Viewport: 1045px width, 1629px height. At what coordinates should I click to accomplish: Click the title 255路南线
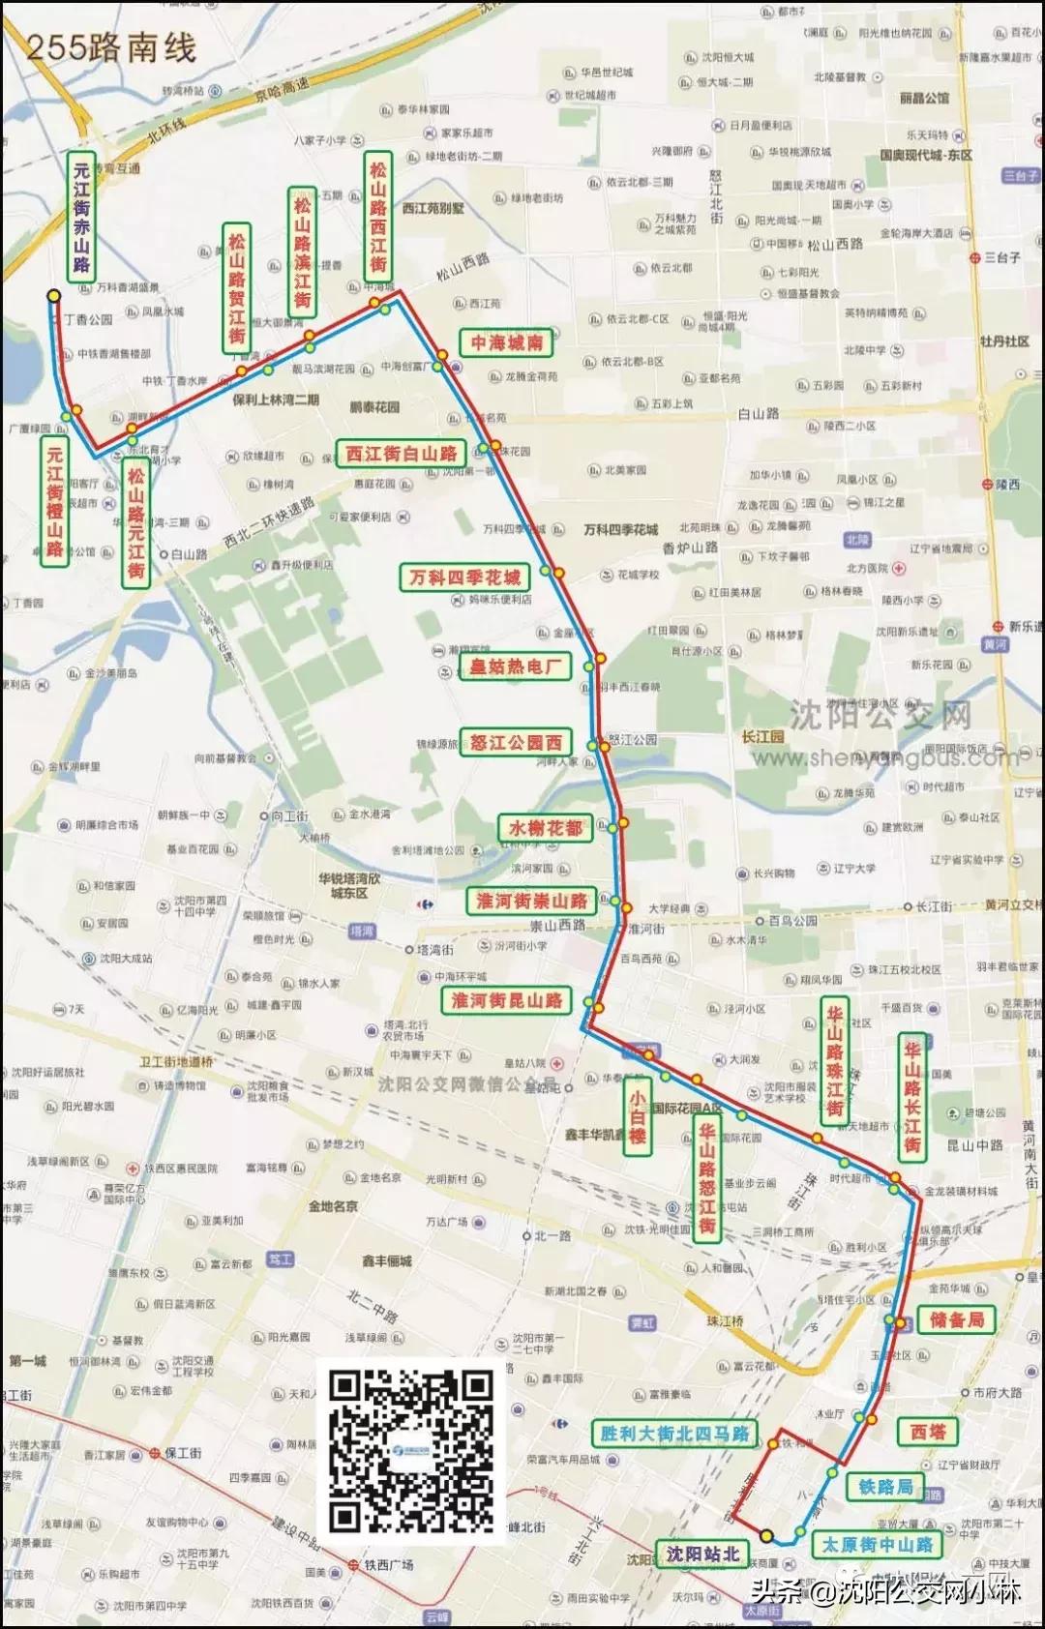click(110, 47)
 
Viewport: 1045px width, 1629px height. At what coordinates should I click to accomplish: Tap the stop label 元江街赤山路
click(81, 216)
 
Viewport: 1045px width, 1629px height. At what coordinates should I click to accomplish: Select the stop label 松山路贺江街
click(236, 287)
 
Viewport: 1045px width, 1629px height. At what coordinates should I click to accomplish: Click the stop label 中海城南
click(507, 342)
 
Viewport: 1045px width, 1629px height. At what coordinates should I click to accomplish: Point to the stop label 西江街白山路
click(401, 453)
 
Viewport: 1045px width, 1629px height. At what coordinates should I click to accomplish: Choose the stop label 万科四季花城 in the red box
click(464, 578)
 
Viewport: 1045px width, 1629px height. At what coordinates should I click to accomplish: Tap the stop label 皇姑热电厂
click(515, 666)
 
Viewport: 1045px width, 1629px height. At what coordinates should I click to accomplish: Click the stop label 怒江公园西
click(516, 742)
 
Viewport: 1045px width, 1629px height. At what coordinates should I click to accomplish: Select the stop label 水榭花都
click(546, 828)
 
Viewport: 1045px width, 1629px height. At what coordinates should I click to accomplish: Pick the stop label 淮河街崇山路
click(531, 901)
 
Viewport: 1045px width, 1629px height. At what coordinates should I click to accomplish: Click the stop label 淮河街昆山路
click(507, 1000)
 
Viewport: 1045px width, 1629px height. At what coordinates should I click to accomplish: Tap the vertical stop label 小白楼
click(637, 1116)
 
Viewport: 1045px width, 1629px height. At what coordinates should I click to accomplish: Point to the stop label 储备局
click(956, 1319)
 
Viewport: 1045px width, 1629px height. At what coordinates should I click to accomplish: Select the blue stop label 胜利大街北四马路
click(674, 1433)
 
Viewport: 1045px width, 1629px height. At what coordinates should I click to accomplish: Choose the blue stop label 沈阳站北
click(702, 1554)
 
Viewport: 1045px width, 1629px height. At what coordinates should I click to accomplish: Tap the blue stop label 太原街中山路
click(877, 1545)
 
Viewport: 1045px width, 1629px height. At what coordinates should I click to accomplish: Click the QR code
click(410, 1450)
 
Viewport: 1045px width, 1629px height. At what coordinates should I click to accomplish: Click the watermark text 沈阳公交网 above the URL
click(879, 716)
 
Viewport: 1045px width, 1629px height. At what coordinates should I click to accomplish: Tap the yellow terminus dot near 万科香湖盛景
click(54, 296)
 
